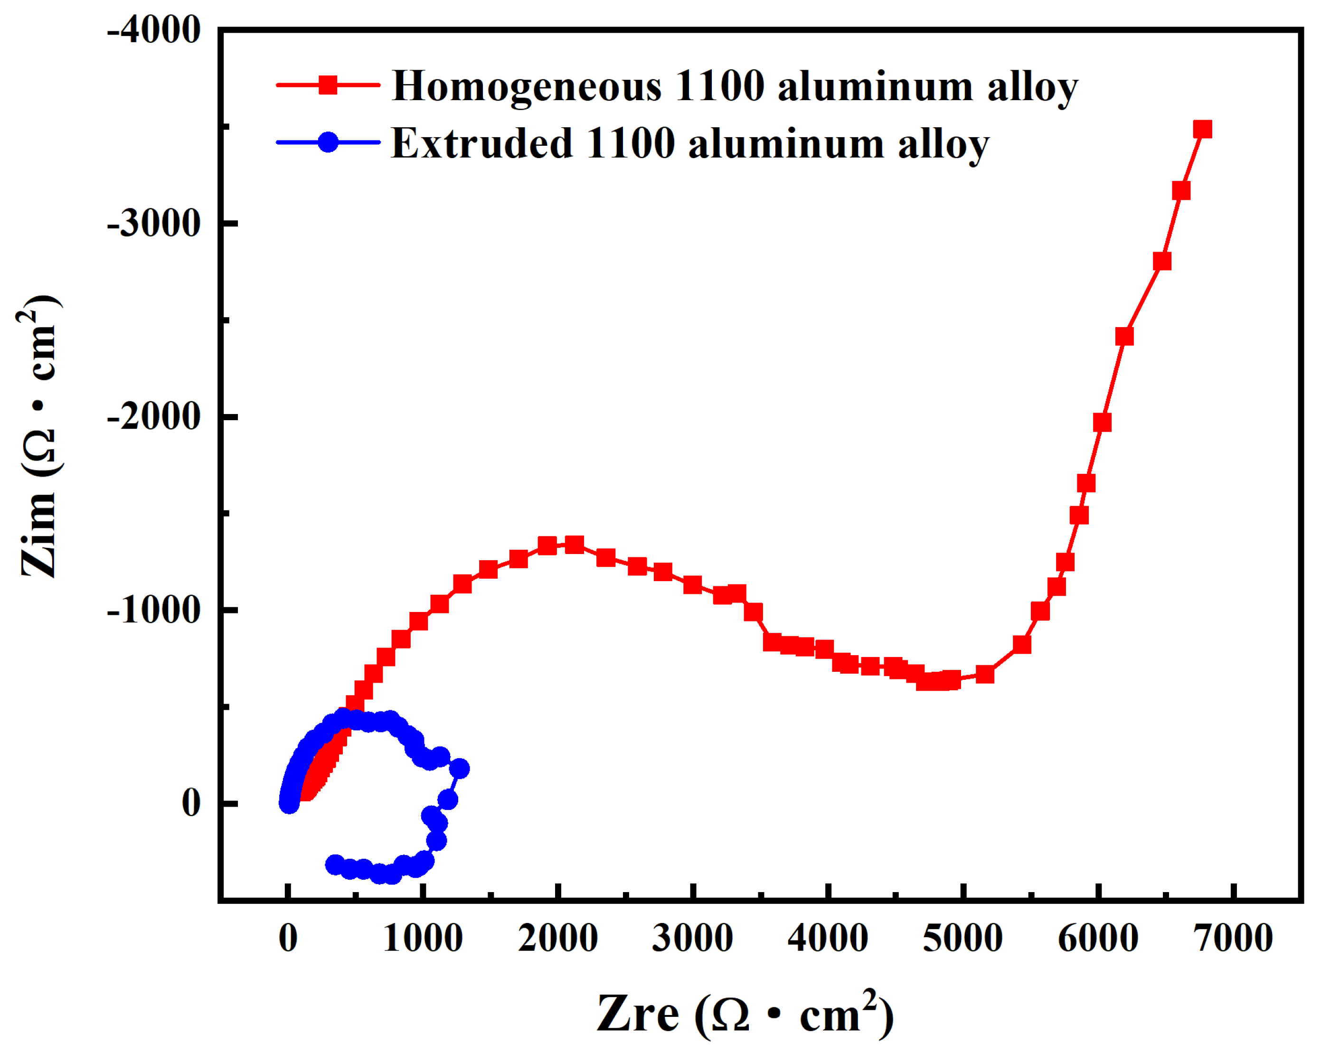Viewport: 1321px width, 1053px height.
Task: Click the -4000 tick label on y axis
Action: click(x=154, y=31)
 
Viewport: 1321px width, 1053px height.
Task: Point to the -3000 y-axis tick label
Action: click(x=154, y=224)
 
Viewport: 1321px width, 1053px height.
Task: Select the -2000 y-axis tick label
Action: click(x=154, y=418)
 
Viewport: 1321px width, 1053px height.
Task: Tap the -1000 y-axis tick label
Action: click(x=154, y=611)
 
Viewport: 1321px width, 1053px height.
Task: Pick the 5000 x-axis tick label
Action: click(x=963, y=939)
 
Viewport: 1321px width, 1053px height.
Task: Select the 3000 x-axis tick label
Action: click(x=692, y=939)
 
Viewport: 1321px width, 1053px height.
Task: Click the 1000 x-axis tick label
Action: click(x=422, y=939)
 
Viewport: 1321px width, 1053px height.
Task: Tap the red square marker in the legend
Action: click(x=329, y=85)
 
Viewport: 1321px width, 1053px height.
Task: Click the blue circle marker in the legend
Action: click(x=329, y=142)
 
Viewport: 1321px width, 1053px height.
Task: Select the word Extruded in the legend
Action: click(x=481, y=143)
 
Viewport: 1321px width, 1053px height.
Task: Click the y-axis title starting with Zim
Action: click(x=39, y=436)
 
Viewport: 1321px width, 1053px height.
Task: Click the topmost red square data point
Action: click(x=1203, y=129)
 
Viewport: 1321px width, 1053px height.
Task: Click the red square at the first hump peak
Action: click(x=574, y=544)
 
